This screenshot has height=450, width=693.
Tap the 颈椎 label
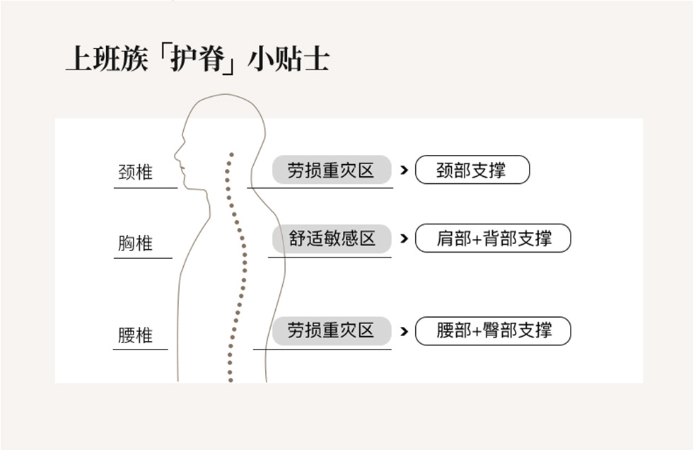135,172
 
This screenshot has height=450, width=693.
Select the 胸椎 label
135,243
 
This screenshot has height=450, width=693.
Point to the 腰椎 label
135,335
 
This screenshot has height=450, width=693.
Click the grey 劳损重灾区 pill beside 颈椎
331,170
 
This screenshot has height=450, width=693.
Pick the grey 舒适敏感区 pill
332,238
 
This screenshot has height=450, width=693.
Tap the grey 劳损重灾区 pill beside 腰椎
331,330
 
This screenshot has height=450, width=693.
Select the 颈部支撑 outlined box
472,170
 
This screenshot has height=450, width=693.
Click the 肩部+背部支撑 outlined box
493,238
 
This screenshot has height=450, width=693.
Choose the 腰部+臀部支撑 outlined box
493,330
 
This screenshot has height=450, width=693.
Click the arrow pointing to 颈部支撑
404,170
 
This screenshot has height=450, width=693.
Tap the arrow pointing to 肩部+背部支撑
404,238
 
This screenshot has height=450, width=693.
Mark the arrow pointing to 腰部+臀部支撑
404,330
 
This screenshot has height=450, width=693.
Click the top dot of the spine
230,154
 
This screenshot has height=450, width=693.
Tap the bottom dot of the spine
230,380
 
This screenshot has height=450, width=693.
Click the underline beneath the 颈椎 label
145,187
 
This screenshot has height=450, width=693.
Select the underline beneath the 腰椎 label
141,349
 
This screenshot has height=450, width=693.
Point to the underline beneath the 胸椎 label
143,258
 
